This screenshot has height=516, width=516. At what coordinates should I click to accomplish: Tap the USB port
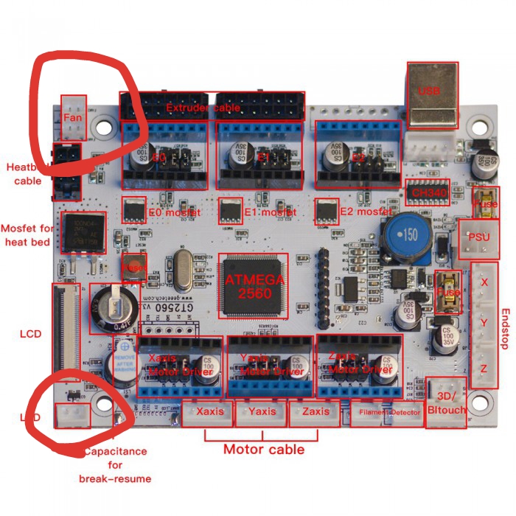(432, 95)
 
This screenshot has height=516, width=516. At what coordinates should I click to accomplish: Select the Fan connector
(74, 117)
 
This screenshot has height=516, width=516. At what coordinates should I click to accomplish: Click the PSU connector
(474, 239)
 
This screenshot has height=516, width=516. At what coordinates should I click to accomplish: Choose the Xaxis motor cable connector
(208, 413)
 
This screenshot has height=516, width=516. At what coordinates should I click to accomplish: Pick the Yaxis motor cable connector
(262, 413)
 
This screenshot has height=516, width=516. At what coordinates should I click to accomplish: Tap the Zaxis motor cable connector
(315, 413)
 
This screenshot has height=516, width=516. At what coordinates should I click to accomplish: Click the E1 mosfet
(231, 211)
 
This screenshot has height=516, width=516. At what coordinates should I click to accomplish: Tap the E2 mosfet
(327, 211)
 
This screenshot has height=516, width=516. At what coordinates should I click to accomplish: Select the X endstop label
(484, 282)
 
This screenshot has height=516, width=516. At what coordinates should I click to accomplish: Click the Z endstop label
(484, 368)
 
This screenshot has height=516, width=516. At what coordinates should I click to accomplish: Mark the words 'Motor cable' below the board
(263, 448)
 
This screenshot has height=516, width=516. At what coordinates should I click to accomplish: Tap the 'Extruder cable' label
(203, 108)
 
